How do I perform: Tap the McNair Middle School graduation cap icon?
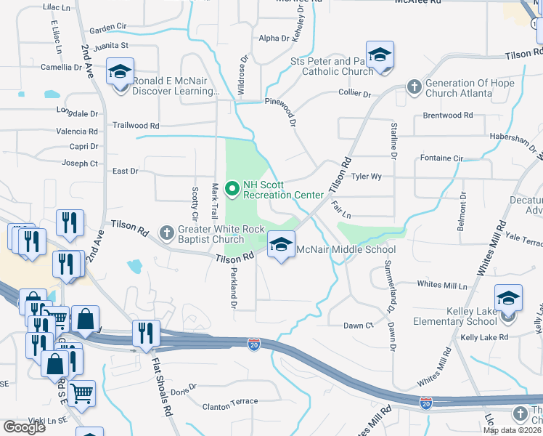[x=281, y=244]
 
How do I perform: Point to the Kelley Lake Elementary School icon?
[x=508, y=298]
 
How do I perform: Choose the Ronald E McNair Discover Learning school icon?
[x=120, y=73]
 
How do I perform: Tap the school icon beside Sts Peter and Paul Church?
[x=380, y=55]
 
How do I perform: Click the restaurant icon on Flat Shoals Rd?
[x=146, y=334]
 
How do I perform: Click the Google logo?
[x=24, y=427]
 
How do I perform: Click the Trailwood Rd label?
[x=136, y=125]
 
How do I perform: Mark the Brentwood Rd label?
[x=447, y=115]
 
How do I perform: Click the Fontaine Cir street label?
[x=441, y=157]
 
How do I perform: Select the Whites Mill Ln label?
[x=441, y=285]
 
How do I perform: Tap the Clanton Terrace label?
[x=229, y=401]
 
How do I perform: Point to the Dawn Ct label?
[x=358, y=325]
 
